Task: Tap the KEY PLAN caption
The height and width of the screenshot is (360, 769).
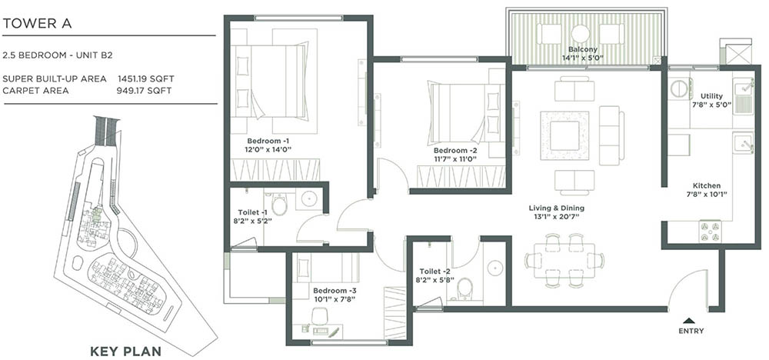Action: point(125,352)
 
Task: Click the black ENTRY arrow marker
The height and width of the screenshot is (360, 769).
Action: point(688,319)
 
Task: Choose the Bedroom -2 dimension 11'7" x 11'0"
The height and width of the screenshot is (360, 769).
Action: point(454,158)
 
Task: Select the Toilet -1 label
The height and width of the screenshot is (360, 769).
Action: point(253,212)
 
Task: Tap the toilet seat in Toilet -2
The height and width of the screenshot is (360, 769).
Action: point(464,288)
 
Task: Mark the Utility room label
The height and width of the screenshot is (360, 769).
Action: point(711,95)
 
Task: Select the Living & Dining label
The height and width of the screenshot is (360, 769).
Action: point(556,208)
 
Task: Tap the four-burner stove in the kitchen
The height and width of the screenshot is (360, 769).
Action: point(709,230)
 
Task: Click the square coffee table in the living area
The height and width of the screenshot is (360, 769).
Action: point(564,135)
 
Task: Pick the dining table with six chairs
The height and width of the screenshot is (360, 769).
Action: point(564,260)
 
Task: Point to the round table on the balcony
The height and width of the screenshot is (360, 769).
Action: point(581,33)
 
